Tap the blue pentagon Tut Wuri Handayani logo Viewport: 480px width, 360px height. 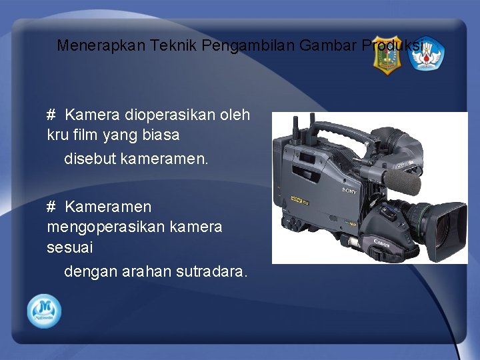click(425, 56)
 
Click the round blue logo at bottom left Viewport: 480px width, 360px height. click(44, 311)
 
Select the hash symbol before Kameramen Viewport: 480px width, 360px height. click(51, 207)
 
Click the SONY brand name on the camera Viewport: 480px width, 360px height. click(349, 191)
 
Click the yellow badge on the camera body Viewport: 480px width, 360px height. click(296, 198)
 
